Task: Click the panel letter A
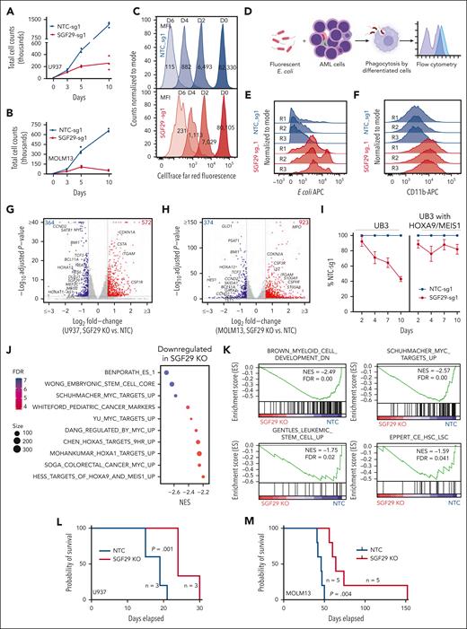point(7,8)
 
